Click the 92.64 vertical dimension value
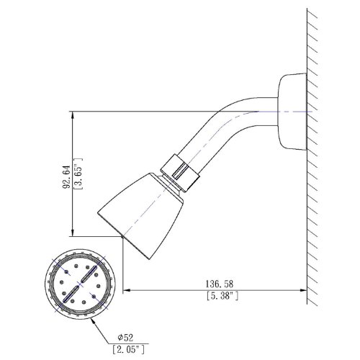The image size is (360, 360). pyautogui.click(x=66, y=177)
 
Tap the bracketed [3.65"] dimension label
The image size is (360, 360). pyautogui.click(x=78, y=174)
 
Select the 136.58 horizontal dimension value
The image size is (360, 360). pyautogui.click(x=220, y=284)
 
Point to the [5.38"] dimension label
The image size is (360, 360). pyautogui.click(x=222, y=296)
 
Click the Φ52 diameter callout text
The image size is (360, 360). pyautogui.click(x=125, y=338)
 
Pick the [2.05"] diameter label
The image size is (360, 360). pyautogui.click(x=129, y=349)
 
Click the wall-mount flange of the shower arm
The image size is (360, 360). pyautogui.click(x=292, y=112)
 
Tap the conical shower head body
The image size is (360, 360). pyautogui.click(x=140, y=216)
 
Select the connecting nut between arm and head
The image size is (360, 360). pyautogui.click(x=181, y=173)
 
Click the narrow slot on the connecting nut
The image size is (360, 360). pyautogui.click(x=180, y=171)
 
